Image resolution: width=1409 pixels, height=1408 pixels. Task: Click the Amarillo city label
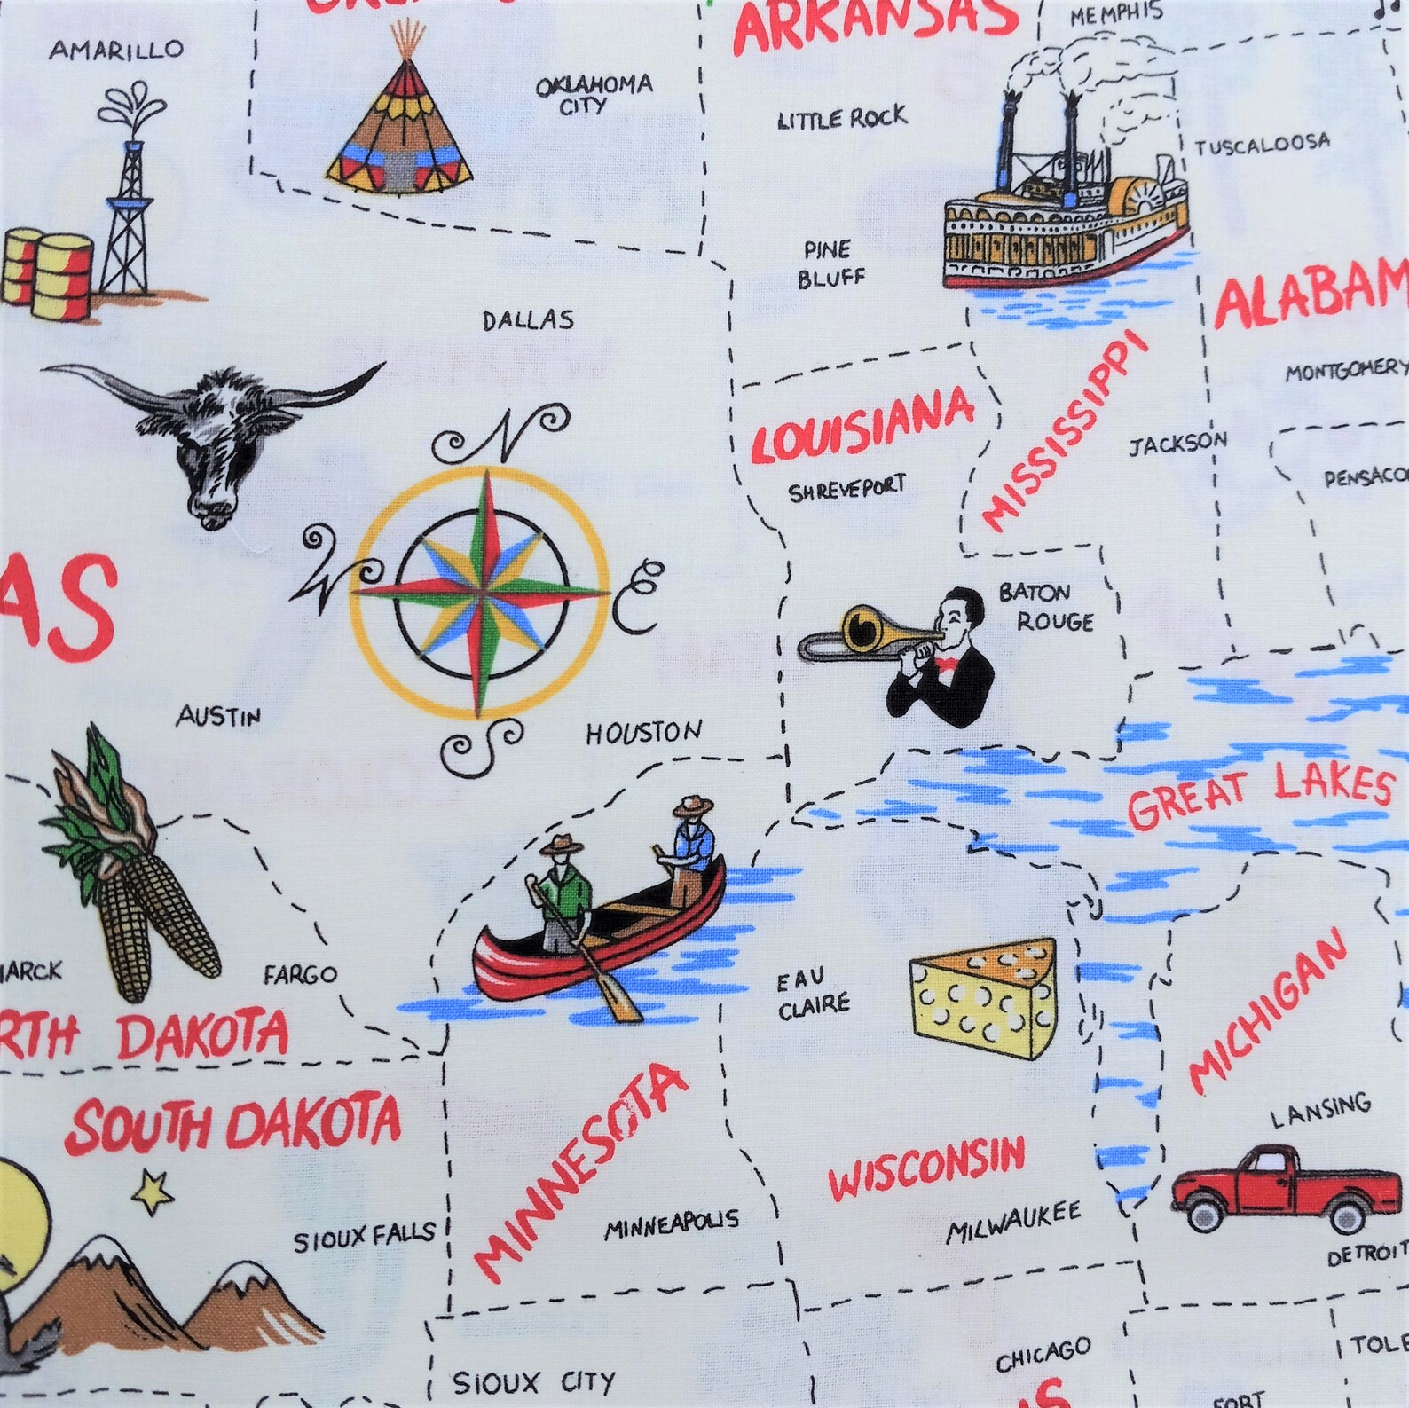point(115,50)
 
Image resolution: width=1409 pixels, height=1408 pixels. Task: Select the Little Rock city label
point(842,117)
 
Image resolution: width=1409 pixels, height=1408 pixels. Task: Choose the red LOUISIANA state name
point(862,428)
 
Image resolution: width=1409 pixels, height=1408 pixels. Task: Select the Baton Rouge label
point(1044,607)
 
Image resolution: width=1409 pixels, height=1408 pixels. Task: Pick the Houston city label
point(643,733)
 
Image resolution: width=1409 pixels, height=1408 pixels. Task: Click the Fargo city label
point(301,975)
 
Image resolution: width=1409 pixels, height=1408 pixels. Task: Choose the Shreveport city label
point(847,488)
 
